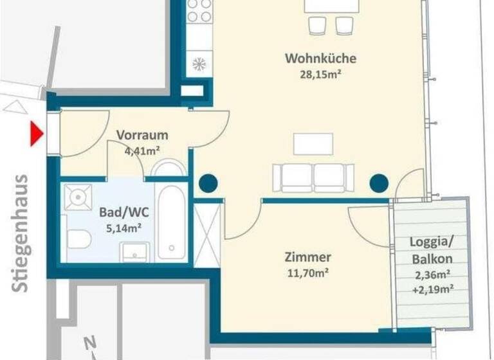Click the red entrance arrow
(x=37, y=134)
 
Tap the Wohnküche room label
(x=320, y=59)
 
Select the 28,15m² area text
(x=320, y=74)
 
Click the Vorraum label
(x=142, y=135)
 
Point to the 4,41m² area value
(x=142, y=151)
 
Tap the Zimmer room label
(x=308, y=257)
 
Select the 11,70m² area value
(x=308, y=273)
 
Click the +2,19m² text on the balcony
(x=431, y=289)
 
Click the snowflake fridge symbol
(x=199, y=64)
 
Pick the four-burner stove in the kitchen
(x=199, y=12)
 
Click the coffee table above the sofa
(x=313, y=143)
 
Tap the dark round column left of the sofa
(x=208, y=183)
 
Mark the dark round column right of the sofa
(x=379, y=183)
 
